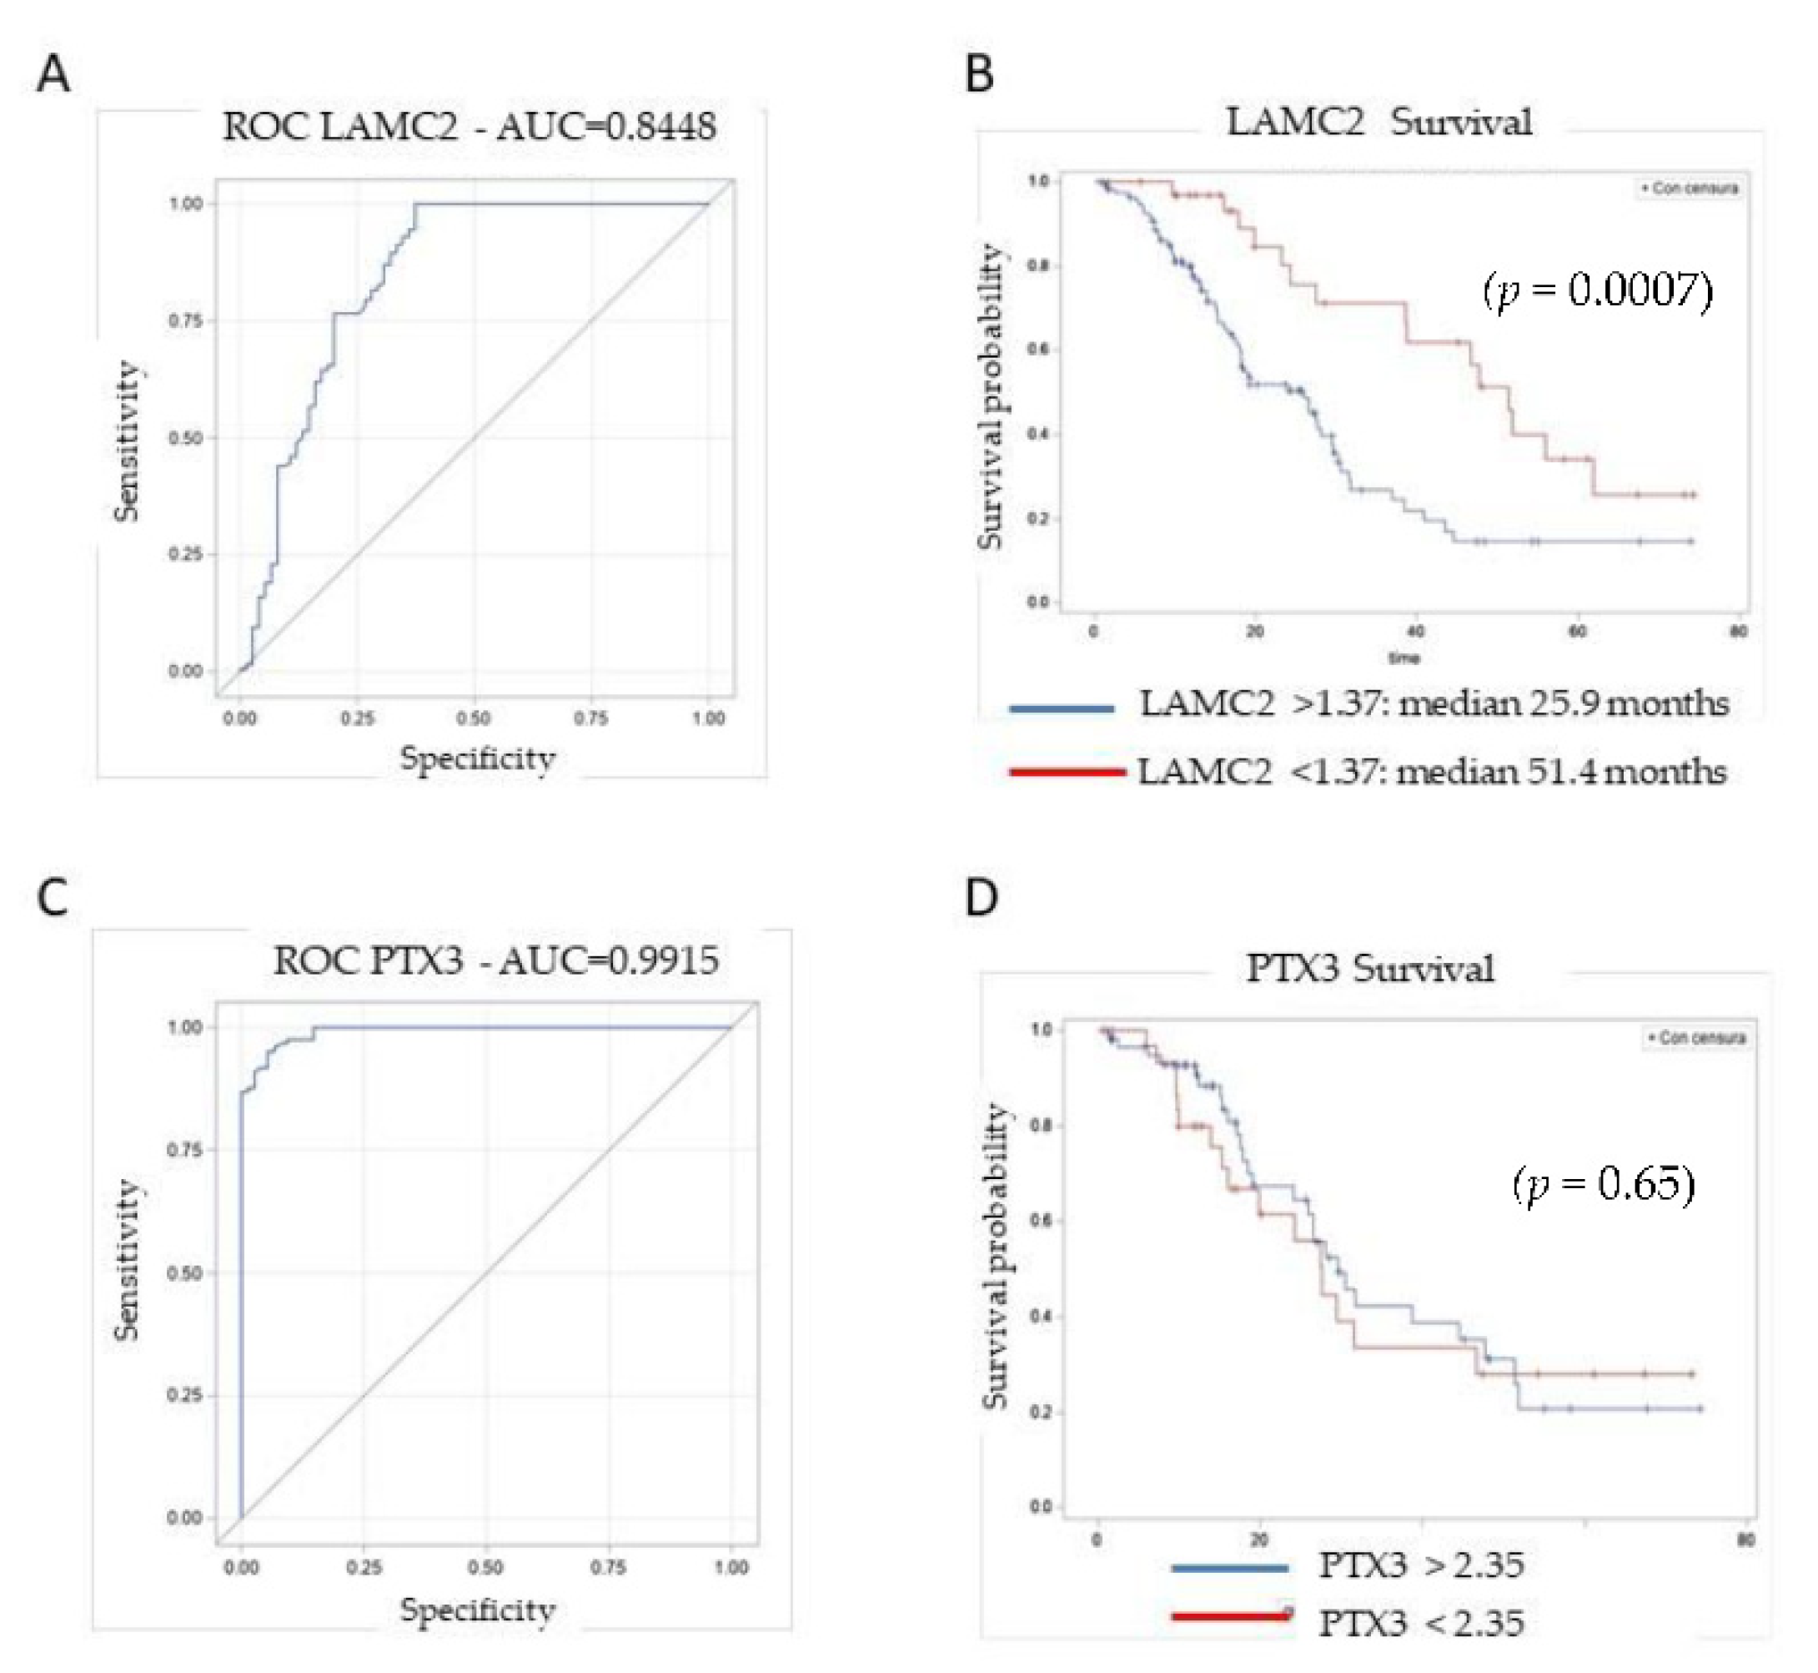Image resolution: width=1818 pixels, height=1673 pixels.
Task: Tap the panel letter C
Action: click(x=53, y=898)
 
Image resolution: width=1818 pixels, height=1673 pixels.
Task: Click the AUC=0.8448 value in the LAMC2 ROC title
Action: click(x=606, y=127)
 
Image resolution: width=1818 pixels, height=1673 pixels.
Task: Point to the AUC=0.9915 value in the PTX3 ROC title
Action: click(x=610, y=960)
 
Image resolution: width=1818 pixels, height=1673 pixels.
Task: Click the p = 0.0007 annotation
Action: click(x=1597, y=290)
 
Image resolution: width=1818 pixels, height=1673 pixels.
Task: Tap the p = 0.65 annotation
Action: click(x=1603, y=1184)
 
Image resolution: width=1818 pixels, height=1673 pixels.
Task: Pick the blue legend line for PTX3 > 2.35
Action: click(x=1228, y=1567)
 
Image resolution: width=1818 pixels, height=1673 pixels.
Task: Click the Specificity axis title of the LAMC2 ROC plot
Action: click(x=477, y=758)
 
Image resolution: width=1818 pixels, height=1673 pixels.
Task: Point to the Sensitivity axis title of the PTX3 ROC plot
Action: click(x=128, y=1260)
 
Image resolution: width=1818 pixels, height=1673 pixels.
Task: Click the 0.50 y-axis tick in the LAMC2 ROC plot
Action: click(x=185, y=438)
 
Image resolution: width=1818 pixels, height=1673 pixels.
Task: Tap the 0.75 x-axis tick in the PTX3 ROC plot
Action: click(x=608, y=1567)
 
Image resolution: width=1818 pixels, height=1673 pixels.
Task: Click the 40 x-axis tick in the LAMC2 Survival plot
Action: click(x=1415, y=631)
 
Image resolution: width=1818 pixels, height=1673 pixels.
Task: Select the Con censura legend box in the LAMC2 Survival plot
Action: click(x=1690, y=189)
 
